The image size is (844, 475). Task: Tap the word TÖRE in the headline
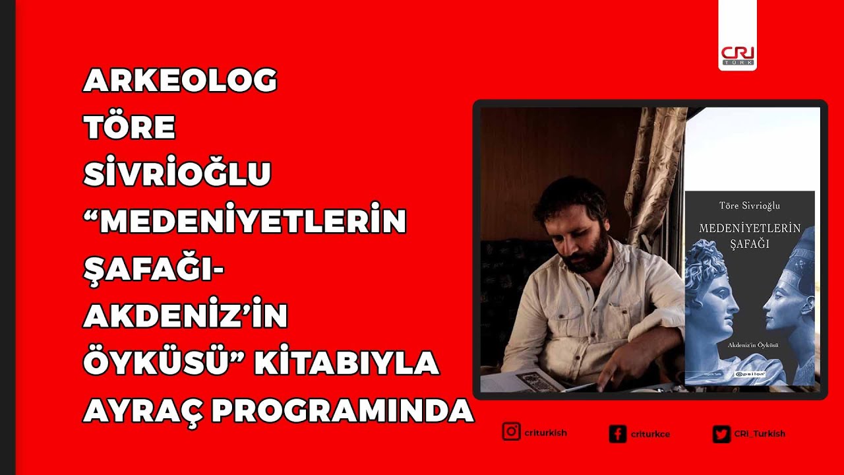pos(129,127)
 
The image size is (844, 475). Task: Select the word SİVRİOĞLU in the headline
pos(177,174)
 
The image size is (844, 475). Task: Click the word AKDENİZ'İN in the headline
pos(185,316)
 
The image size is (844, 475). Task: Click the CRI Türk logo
pos(738,55)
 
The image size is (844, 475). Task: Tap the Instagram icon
pos(511,432)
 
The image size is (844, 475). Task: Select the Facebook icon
pos(618,434)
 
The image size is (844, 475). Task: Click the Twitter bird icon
pos(721,434)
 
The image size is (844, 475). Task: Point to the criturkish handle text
pos(545,433)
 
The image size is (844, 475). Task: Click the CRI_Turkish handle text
pos(760,434)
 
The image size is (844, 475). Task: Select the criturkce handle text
pos(650,434)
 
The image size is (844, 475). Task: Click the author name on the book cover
pos(750,206)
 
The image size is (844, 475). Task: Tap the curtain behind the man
pos(653,172)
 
